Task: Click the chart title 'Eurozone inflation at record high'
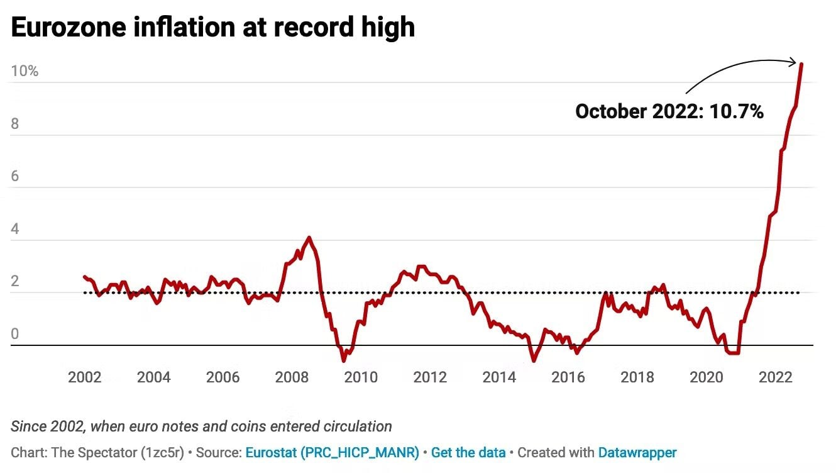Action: coord(212,27)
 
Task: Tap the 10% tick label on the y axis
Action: coord(25,71)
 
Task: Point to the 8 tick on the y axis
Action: coord(15,124)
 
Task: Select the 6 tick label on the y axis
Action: coord(15,176)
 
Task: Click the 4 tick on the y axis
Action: coord(15,229)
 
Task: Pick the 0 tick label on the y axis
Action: coord(15,334)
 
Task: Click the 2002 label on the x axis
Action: coord(85,377)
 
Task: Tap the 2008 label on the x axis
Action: coord(292,377)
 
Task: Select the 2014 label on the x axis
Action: coord(499,377)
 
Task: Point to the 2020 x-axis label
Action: coord(707,377)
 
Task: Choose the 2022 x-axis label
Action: coord(775,377)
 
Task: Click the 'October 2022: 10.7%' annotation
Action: coord(669,112)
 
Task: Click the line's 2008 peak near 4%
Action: coord(309,238)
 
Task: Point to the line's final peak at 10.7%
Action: coord(801,64)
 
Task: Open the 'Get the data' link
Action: coord(468,452)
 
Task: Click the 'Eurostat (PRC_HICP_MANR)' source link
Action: coord(332,452)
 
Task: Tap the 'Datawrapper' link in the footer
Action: coord(637,452)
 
